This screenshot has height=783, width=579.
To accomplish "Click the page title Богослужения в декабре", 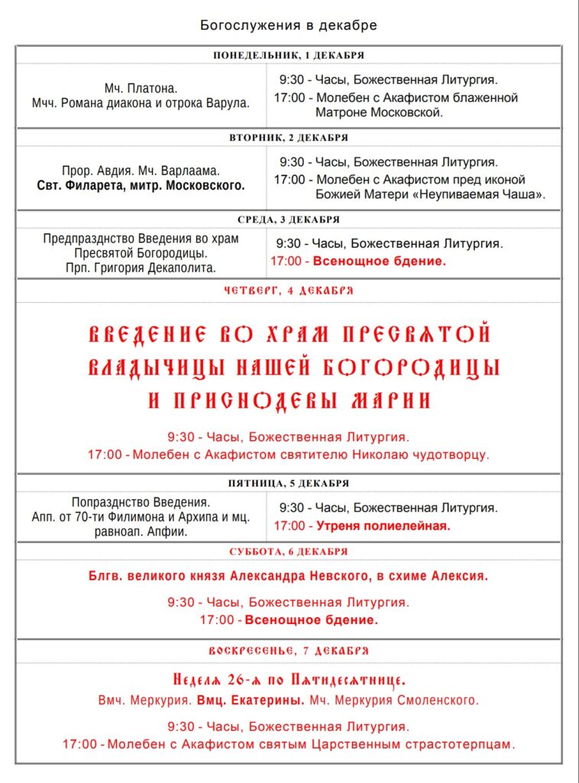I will click(289, 25).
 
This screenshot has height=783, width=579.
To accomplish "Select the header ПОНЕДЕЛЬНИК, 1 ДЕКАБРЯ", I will click(289, 55).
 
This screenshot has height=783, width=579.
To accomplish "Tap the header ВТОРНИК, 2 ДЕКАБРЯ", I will click(289, 138).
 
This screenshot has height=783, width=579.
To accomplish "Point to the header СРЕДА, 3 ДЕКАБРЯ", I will click(289, 219).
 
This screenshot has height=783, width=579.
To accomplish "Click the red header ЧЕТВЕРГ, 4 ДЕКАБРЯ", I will click(289, 291).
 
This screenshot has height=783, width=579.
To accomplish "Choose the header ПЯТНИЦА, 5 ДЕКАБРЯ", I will click(289, 483).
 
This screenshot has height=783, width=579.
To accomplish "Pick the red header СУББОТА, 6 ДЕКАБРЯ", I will click(289, 551).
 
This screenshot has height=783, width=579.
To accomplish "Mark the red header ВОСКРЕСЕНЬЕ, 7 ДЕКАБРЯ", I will click(289, 651).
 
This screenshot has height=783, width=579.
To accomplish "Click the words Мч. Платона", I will click(141, 88).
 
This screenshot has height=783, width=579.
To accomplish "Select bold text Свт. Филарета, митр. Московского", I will click(141, 185).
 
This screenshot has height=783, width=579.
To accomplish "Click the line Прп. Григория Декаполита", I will click(141, 268).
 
